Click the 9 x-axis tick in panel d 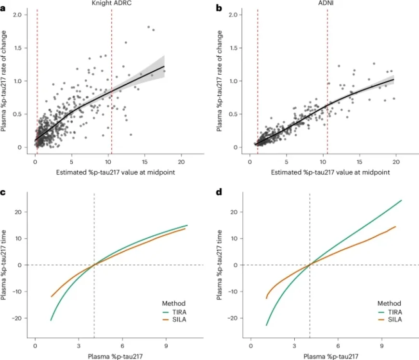381,346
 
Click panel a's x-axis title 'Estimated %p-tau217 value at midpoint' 108,172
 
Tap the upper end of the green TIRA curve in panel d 401,200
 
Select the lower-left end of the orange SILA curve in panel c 51,296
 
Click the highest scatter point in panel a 148,27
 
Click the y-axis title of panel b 220,80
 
